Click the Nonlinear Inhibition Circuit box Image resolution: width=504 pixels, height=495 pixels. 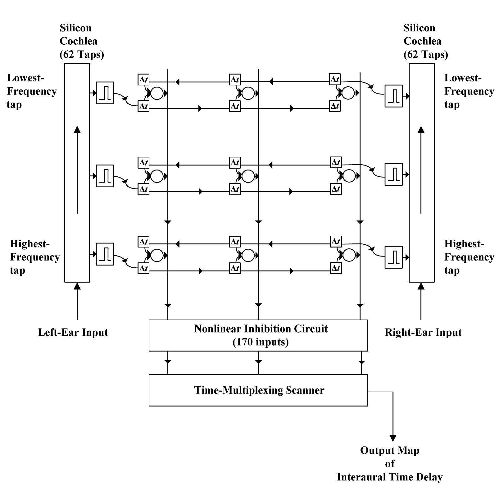(x=258, y=335)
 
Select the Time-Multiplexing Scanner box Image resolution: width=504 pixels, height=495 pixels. (x=258, y=390)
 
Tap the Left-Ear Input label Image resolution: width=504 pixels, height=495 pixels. (x=73, y=332)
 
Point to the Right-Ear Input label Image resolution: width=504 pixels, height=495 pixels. (x=423, y=332)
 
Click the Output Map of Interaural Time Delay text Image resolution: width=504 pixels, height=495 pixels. (x=390, y=463)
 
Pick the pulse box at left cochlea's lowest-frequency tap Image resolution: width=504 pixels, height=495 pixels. (x=105, y=93)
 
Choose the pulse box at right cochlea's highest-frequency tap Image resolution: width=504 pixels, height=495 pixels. (x=393, y=257)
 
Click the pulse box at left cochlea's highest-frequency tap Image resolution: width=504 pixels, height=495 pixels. (x=105, y=254)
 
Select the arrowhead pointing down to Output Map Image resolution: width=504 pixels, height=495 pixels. (x=393, y=438)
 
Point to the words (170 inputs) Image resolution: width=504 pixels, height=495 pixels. (x=261, y=342)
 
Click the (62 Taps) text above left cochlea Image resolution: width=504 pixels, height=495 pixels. (x=82, y=54)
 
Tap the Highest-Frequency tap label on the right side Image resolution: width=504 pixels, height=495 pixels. (x=469, y=257)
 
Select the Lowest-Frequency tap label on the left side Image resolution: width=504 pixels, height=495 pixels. (x=32, y=91)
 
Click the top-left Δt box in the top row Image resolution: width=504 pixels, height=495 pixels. (x=143, y=79)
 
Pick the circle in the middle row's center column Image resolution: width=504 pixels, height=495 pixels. (x=248, y=176)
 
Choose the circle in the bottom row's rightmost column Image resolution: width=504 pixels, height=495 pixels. (x=349, y=255)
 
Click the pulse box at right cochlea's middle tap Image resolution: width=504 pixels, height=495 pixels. (x=393, y=174)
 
